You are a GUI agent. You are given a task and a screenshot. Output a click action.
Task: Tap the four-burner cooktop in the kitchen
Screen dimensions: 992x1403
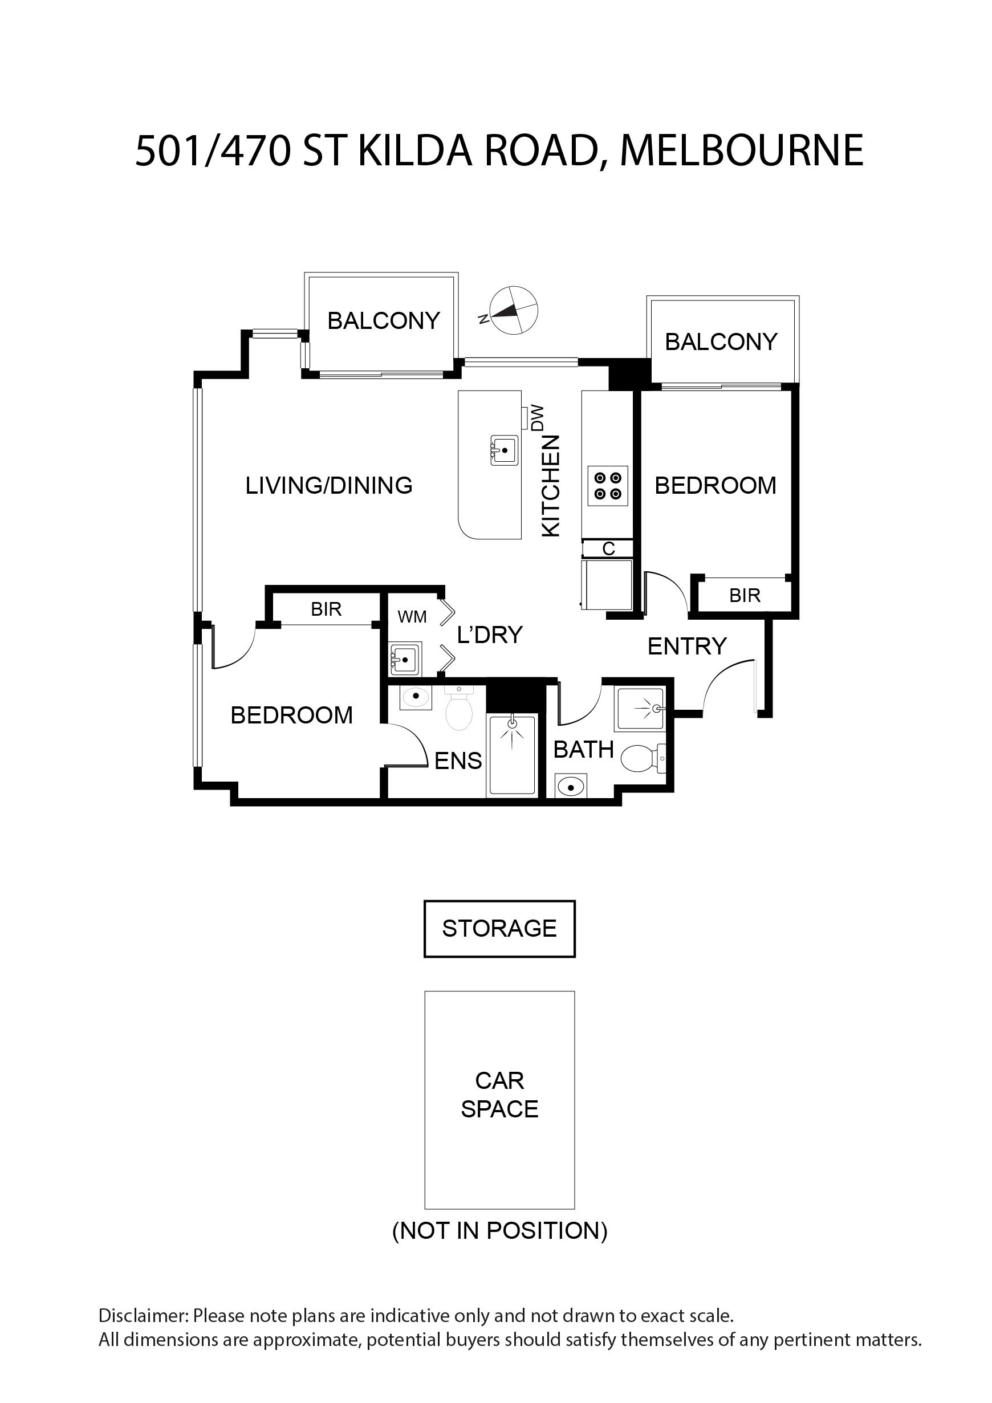click(x=607, y=486)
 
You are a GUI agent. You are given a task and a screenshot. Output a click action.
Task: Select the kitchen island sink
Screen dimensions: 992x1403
click(x=504, y=450)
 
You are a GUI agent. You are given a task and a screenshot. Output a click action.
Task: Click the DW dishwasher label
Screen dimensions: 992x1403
click(x=538, y=418)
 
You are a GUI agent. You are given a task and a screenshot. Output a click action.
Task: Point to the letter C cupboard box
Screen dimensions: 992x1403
click(x=608, y=549)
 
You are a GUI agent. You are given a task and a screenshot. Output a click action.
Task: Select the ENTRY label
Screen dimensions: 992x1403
click(x=686, y=646)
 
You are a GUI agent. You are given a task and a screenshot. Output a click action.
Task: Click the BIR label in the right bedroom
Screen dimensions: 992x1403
click(x=745, y=595)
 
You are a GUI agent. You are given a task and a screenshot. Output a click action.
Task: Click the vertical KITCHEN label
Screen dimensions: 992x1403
click(x=551, y=486)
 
